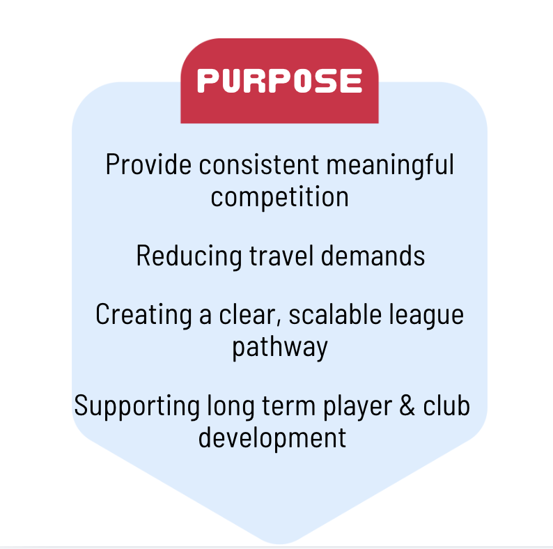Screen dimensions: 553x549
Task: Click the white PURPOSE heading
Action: point(280,81)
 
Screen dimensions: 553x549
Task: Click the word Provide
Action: point(148,164)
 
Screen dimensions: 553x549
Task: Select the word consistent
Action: point(259,165)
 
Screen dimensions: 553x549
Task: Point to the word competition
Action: point(280,197)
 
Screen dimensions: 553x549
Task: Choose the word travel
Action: point(281,256)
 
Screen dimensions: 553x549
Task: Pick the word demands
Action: point(373,256)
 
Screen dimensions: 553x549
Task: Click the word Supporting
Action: point(137,407)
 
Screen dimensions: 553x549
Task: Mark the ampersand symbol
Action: point(407,405)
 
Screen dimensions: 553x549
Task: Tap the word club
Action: point(446,405)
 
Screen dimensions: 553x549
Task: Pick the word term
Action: point(289,406)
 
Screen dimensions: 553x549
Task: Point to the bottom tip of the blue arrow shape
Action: point(280,543)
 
